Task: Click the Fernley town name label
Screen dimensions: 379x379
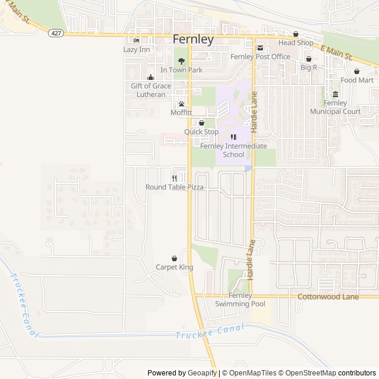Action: point(193,40)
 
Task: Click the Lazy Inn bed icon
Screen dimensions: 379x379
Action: point(137,40)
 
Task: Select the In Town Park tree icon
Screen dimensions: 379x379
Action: point(181,61)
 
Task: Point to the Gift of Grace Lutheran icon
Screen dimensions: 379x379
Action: point(150,77)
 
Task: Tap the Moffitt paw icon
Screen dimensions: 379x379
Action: point(181,104)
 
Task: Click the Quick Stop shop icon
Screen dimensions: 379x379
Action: point(201,123)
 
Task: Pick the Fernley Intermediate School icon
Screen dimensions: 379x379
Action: point(233,137)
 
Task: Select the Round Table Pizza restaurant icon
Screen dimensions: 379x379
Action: point(175,178)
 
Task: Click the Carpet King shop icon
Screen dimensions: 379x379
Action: point(174,258)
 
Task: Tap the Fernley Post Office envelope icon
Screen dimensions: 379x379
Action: point(260,48)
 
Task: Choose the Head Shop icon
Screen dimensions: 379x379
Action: point(295,34)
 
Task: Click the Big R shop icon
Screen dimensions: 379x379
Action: point(309,59)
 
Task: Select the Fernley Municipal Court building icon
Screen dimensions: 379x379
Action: point(335,95)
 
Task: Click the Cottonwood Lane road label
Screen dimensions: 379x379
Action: point(328,296)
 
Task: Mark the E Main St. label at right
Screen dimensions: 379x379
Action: point(336,52)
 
